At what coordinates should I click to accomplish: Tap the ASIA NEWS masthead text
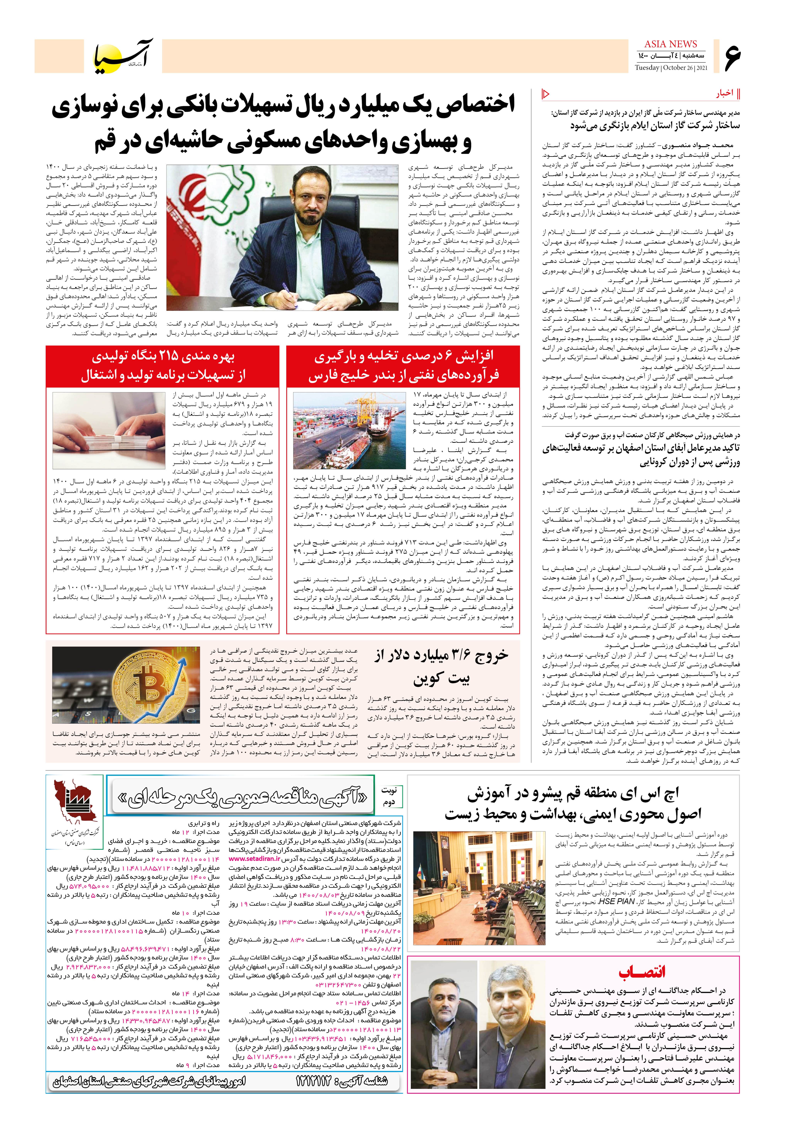671,44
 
